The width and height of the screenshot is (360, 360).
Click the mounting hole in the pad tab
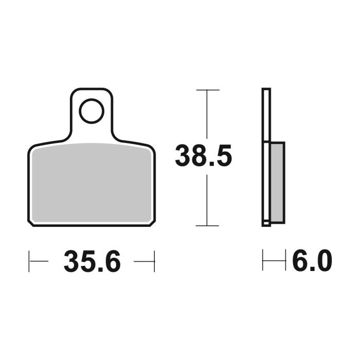point(92,111)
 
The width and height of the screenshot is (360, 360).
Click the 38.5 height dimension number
point(204,156)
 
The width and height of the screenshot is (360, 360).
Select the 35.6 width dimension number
point(92,262)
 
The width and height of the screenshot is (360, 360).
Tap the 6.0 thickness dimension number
point(312,262)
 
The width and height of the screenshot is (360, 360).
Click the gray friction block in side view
point(276,182)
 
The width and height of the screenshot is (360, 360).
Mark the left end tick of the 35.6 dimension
point(29,262)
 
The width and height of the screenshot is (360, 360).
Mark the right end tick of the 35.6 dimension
point(154,262)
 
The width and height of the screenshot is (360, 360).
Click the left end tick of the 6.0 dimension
point(263,261)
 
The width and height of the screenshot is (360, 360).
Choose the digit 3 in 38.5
point(184,156)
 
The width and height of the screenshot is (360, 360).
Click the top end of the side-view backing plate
point(266,90)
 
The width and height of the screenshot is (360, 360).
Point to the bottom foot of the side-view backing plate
point(266,223)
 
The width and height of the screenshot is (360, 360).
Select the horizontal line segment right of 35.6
point(143,262)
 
